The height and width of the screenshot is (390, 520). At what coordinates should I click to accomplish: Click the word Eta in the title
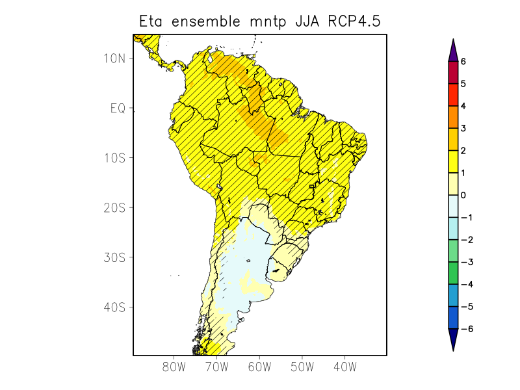click(x=153, y=21)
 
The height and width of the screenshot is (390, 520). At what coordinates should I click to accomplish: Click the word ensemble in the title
click(x=207, y=21)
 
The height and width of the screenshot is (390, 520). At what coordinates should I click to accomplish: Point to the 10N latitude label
click(x=114, y=58)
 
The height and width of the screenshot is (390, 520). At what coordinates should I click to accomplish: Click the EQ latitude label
click(x=117, y=108)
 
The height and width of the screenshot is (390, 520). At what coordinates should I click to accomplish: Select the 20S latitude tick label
click(x=114, y=207)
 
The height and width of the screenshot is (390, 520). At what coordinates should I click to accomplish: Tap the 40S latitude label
click(x=114, y=307)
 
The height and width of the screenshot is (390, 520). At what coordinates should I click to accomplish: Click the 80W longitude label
click(x=174, y=367)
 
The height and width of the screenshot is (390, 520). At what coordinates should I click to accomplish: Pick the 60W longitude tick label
click(x=259, y=367)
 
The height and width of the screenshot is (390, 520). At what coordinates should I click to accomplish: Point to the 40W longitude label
click(x=344, y=367)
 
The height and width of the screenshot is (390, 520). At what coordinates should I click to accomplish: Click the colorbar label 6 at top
click(x=463, y=61)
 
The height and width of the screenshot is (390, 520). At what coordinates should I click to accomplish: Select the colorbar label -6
click(x=465, y=329)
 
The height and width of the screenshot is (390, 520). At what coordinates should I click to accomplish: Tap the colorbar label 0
click(x=463, y=195)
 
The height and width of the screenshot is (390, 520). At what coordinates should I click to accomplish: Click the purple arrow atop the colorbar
click(x=453, y=50)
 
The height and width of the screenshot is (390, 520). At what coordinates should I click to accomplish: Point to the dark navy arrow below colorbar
click(x=453, y=339)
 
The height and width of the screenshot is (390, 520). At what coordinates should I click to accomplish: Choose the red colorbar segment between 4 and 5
click(x=453, y=95)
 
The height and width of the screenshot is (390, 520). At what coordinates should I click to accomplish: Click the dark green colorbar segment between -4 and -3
click(x=453, y=273)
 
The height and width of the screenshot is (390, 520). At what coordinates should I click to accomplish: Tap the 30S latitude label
click(x=114, y=257)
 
